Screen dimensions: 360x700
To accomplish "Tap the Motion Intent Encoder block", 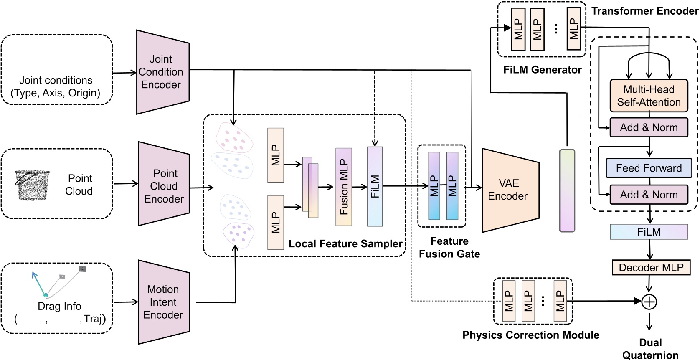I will pos(164,302).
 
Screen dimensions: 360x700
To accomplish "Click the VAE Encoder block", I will pos(509,190).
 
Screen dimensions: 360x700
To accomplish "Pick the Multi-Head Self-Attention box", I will pos(649,96).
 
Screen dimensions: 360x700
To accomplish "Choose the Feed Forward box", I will pos(649,168).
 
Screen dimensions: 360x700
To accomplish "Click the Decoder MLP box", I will pos(651,268).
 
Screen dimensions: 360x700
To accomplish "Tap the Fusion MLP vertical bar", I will pos(344,187).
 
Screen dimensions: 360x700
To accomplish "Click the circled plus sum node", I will pos(649,301).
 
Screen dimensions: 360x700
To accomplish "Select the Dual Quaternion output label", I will pos(650,349).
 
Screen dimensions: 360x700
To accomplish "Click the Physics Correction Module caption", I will pos(531,335).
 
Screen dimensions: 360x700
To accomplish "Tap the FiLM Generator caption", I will pos(542,70).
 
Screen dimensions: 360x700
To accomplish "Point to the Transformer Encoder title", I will pos(645,11).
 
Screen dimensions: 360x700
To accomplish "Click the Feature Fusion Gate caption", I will pos(449,247).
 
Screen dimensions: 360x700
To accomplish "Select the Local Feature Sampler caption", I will pos(345,244).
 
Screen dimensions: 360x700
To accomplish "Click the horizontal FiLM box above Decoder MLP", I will pos(649,232).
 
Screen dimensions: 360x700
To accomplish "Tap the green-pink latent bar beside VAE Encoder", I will pos(567,190).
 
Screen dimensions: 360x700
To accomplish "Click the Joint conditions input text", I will pos(56,86).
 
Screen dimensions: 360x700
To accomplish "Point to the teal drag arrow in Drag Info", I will pos(38,284).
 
